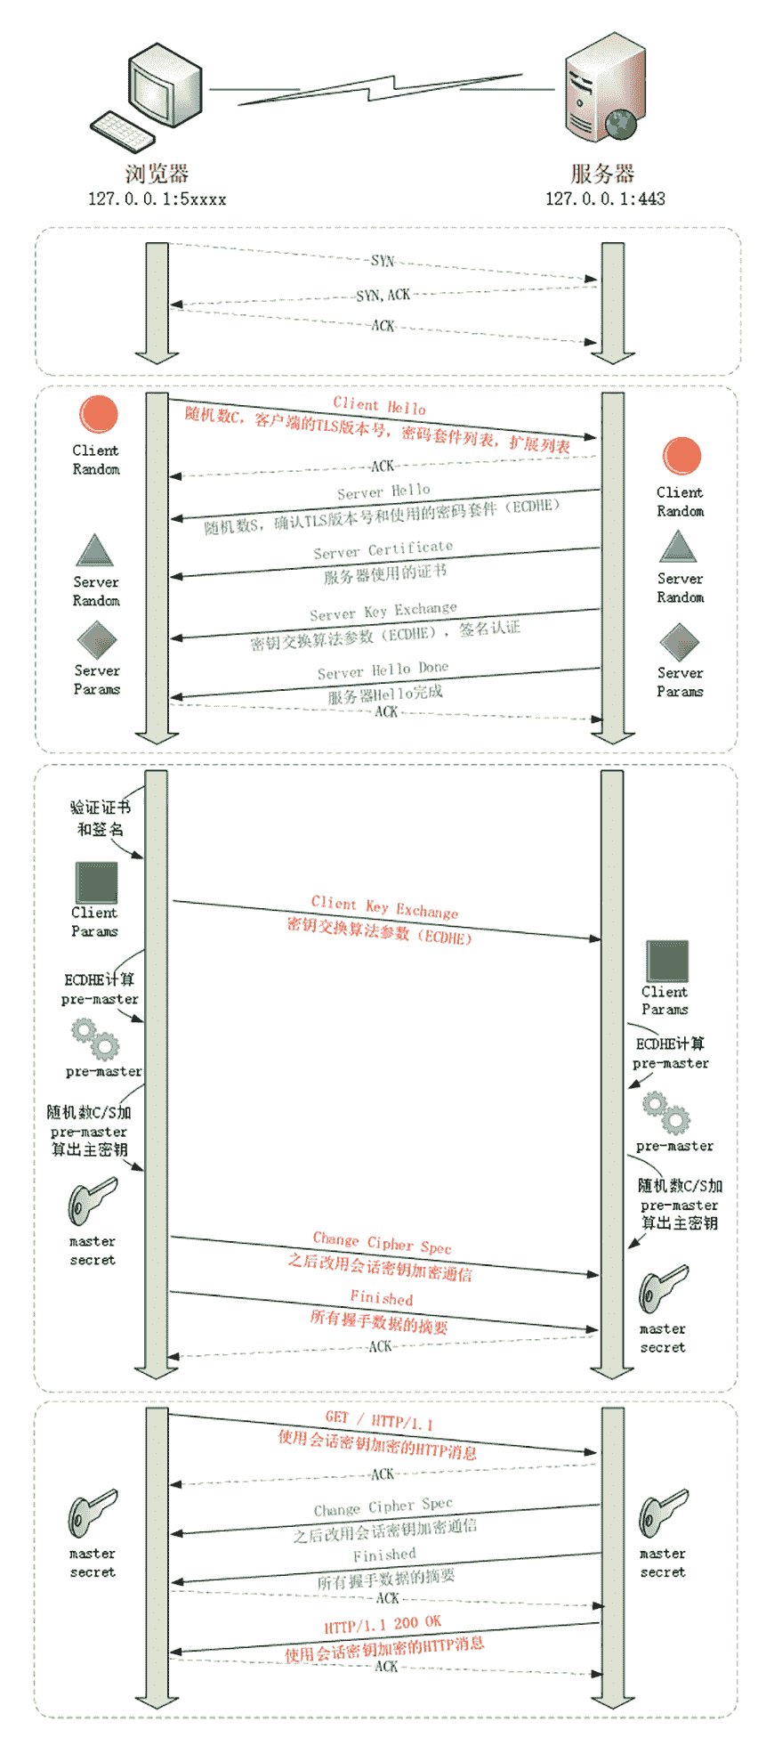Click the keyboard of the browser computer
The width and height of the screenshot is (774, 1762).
[x=121, y=131]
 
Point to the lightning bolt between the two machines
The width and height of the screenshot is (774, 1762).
[x=383, y=89]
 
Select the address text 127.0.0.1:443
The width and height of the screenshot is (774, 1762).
[x=605, y=199]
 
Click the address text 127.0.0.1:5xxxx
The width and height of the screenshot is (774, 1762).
[x=157, y=199]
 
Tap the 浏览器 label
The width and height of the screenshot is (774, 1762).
[x=157, y=173]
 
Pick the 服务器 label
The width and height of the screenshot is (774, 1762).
[x=602, y=173]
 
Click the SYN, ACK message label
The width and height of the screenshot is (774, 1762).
[x=383, y=295]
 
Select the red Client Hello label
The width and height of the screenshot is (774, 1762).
[x=379, y=405]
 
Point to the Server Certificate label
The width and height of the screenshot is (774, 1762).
[x=383, y=549]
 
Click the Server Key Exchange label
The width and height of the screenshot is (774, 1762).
[x=383, y=612]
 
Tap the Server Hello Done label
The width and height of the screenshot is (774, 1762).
[x=383, y=670]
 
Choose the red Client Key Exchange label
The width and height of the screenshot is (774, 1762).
[x=384, y=906]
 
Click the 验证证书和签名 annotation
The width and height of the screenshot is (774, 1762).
[x=100, y=817]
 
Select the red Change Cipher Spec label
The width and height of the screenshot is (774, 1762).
[x=382, y=1242]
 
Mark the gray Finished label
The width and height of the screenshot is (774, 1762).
[x=384, y=1555]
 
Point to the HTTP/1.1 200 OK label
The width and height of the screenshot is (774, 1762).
[x=383, y=1624]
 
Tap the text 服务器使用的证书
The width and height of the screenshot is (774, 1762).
[x=384, y=574]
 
